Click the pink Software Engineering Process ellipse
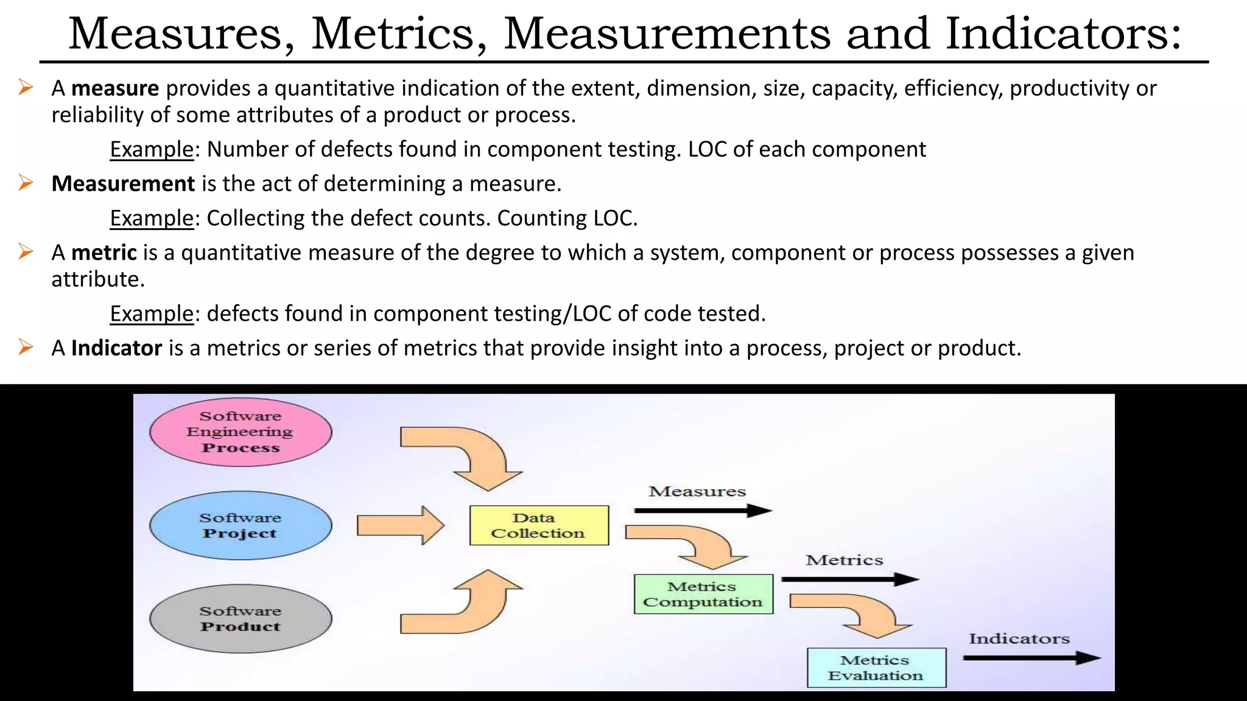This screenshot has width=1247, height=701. [241, 432]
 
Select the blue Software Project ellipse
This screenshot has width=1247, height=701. [241, 526]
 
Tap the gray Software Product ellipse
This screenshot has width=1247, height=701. [241, 619]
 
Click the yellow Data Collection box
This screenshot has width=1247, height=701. [539, 525]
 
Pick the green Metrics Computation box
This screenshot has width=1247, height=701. [703, 594]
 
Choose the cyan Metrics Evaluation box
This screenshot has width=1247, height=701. [876, 668]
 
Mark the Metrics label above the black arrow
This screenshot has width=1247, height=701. [844, 560]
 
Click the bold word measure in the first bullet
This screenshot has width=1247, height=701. [115, 89]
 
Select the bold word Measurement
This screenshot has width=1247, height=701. [123, 184]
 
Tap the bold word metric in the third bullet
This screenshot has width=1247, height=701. [104, 253]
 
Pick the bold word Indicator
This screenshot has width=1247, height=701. [116, 348]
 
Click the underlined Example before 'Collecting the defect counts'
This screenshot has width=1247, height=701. [152, 218]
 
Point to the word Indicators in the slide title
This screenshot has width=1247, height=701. [1063, 34]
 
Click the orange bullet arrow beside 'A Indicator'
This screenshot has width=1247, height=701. [26, 347]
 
